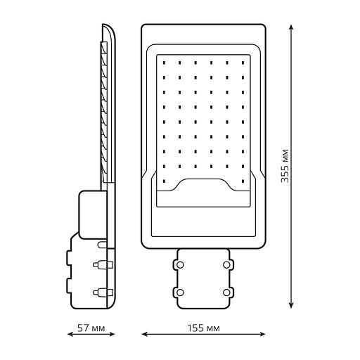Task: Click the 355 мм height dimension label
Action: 285,166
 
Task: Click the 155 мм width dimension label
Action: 204,328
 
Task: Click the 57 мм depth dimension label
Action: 91,328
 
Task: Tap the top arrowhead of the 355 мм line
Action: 291,27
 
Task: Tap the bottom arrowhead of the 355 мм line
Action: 291,304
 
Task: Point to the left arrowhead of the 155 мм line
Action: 145,334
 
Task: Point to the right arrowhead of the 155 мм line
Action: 262,334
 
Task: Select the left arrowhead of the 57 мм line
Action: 70,334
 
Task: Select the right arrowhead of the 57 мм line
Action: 112,334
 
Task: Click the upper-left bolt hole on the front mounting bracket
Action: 180,265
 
